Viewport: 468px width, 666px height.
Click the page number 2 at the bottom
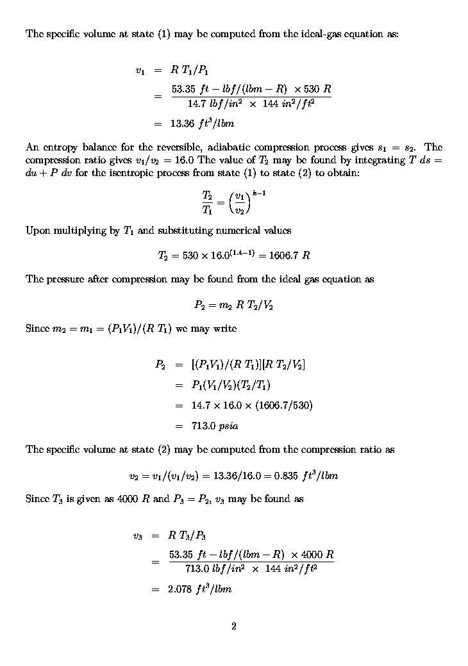click(234, 626)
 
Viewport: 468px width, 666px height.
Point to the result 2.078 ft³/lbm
click(199, 589)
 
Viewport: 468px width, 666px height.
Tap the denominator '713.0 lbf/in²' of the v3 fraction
click(213, 568)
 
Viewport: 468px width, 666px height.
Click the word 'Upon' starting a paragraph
click(37, 231)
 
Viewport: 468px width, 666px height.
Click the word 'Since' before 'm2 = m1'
click(38, 328)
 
